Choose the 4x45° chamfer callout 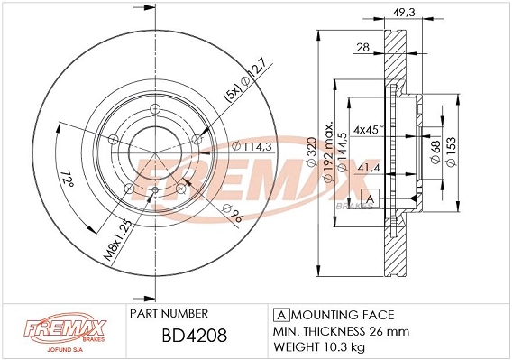(x=369, y=128)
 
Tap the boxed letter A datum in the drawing (x=368, y=198)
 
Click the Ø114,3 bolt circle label (x=251, y=146)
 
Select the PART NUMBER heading (x=169, y=313)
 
